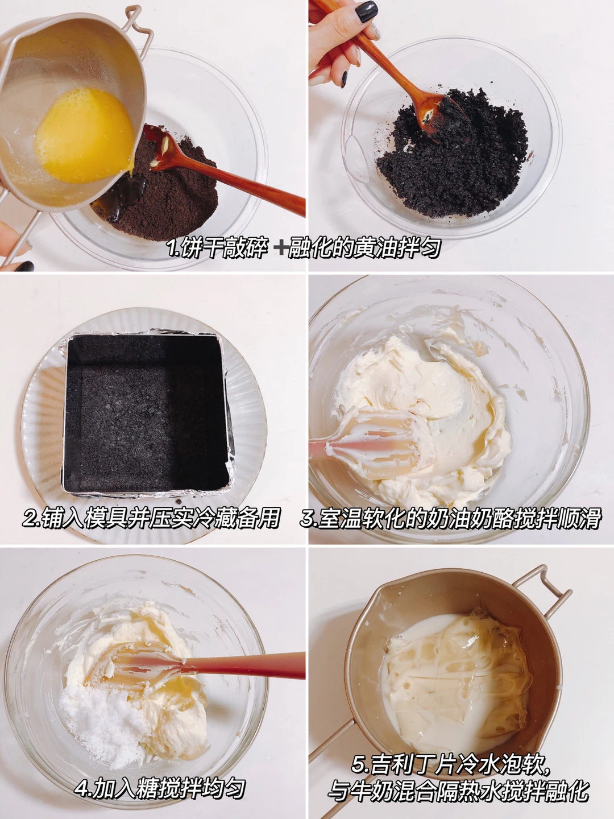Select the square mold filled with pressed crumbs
click(x=148, y=411)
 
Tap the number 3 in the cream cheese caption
click(x=307, y=519)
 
